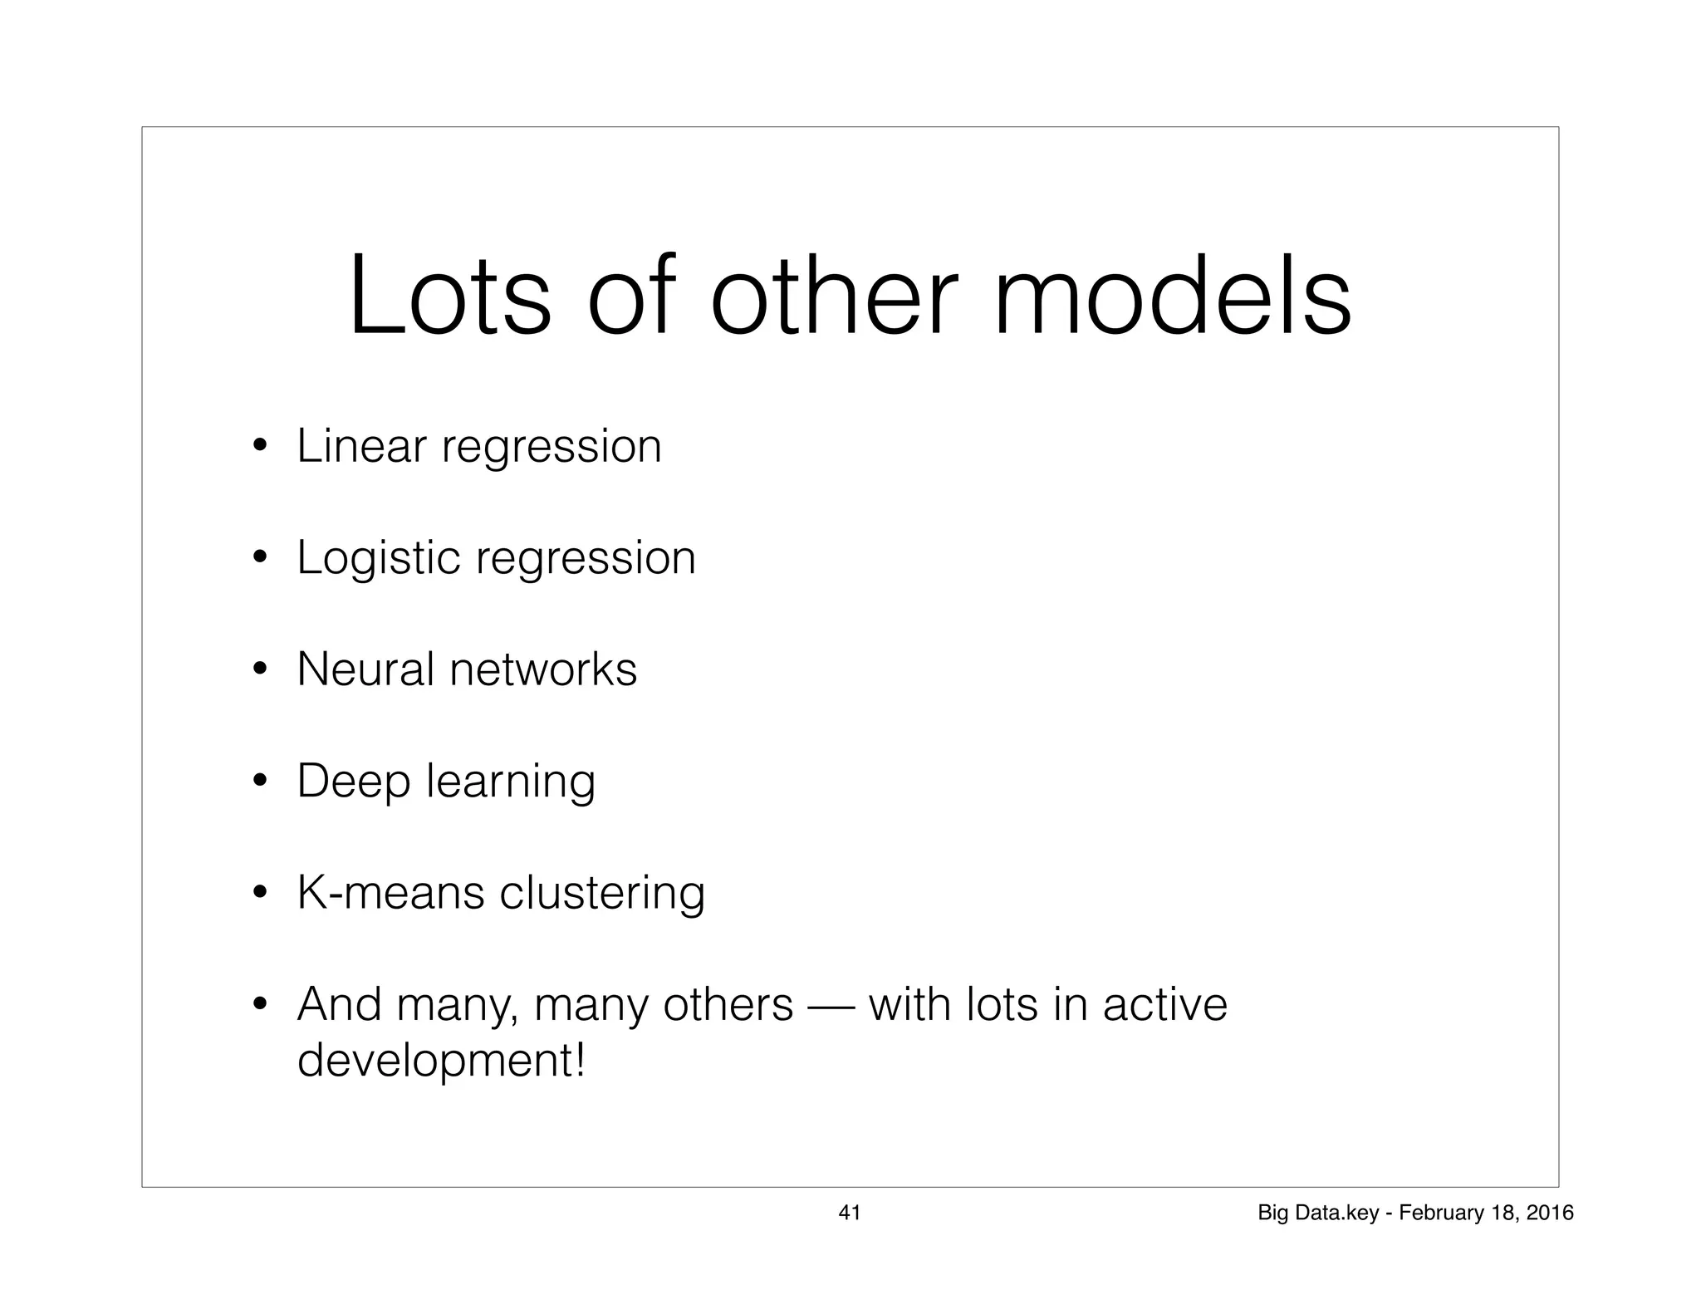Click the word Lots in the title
tap(449, 297)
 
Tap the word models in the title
tap(1172, 297)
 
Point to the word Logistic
tap(379, 558)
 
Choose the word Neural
tap(365, 669)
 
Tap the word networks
tap(543, 669)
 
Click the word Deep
tap(354, 782)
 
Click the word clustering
tap(602, 893)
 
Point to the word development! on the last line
tap(441, 1061)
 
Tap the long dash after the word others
tap(831, 1007)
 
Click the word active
tap(1164, 1004)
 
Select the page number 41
tap(850, 1213)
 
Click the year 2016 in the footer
tap(1551, 1213)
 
